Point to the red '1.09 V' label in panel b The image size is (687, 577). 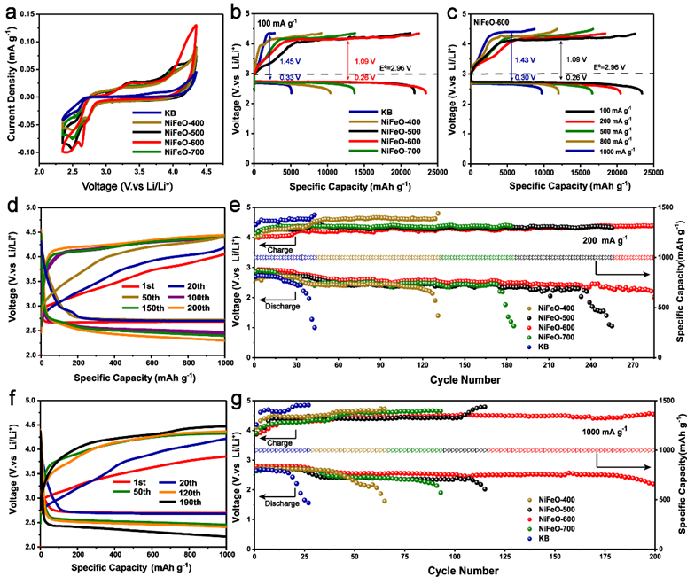click(367, 61)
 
